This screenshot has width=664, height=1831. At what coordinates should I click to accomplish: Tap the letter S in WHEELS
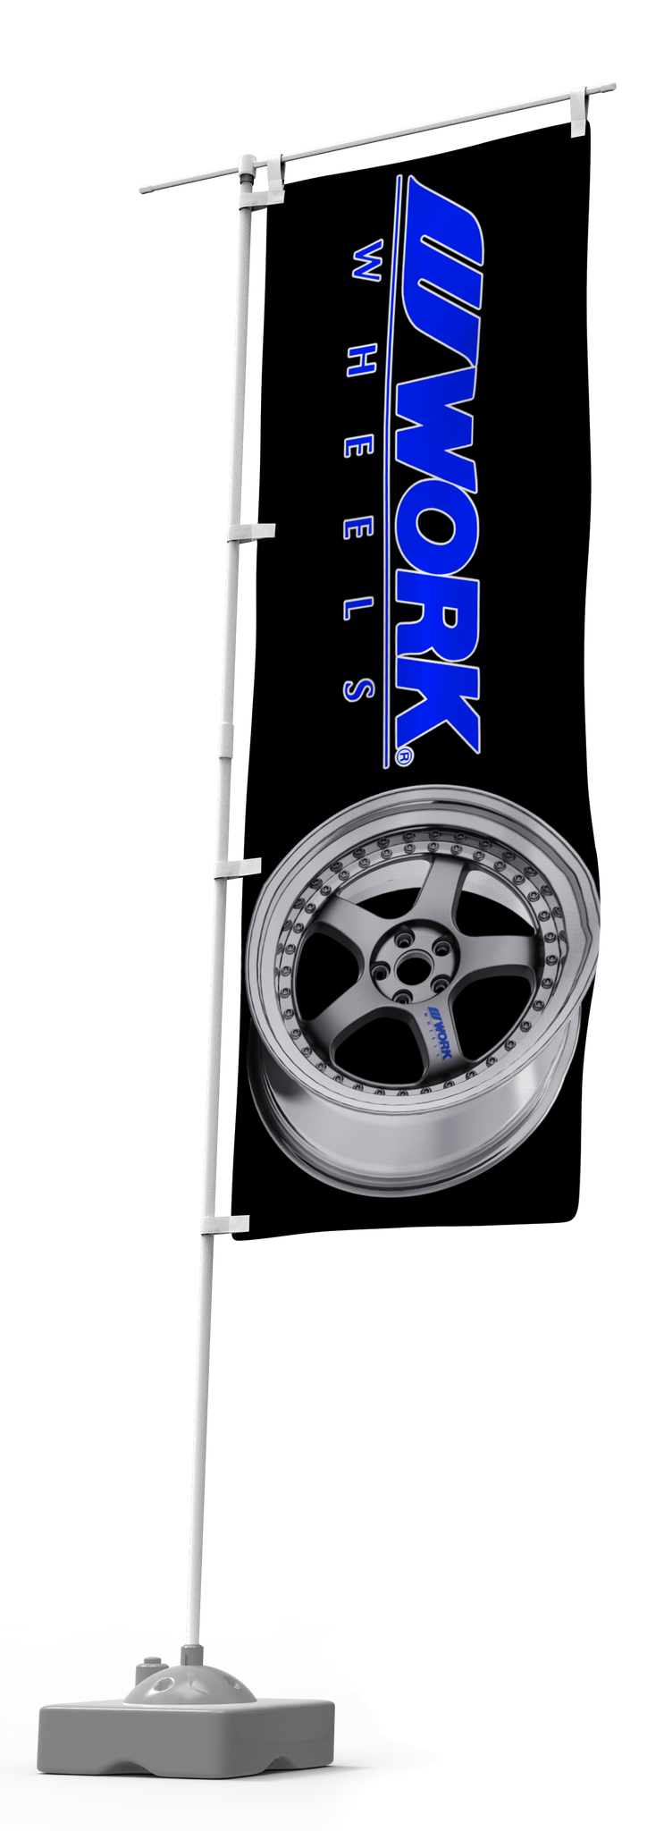tap(357, 689)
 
